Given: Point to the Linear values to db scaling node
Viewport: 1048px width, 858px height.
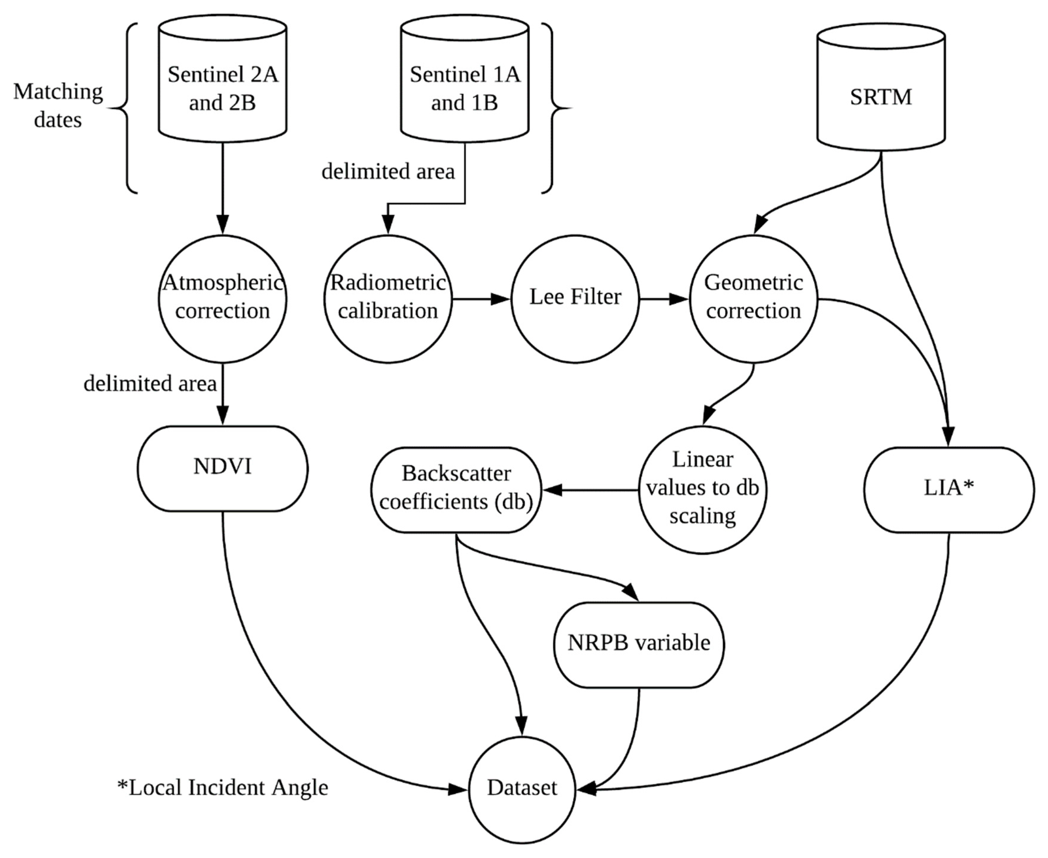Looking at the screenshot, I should (x=702, y=489).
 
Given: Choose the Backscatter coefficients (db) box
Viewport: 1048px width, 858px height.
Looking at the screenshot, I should (x=456, y=489).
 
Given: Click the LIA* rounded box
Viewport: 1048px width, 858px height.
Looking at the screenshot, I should (x=949, y=489).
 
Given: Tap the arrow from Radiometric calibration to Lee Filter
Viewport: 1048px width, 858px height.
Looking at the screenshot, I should (x=481, y=299).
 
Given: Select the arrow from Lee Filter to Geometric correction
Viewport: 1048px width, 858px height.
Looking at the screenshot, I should (x=664, y=299).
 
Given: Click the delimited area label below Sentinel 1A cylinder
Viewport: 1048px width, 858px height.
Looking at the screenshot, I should (x=388, y=172).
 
